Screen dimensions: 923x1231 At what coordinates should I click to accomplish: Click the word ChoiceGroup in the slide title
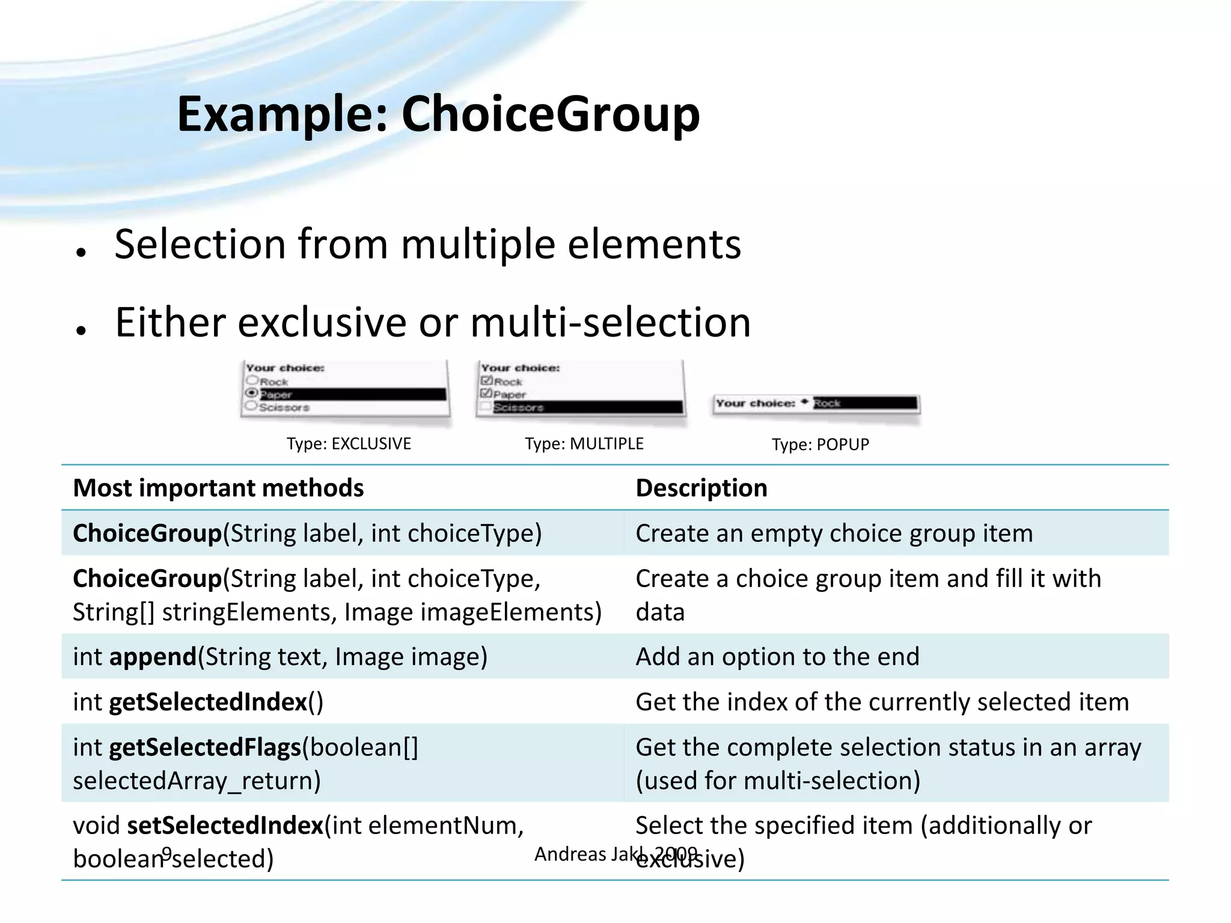point(550,114)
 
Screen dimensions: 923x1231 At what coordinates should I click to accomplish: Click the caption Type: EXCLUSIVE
point(349,443)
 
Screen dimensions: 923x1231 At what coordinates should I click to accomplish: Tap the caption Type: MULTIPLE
point(584,443)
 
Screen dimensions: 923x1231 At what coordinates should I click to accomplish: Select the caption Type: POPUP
point(820,444)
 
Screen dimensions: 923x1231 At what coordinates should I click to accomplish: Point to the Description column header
point(701,488)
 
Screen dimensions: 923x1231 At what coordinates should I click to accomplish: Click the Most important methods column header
point(218,488)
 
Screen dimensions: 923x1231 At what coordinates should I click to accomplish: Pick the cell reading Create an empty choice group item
point(834,533)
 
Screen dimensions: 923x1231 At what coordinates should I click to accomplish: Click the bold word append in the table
point(153,656)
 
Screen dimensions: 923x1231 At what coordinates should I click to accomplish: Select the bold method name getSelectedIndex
point(208,701)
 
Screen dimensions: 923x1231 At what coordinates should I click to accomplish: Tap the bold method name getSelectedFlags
point(204,747)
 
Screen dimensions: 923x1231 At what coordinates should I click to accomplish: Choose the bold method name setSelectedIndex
point(225,825)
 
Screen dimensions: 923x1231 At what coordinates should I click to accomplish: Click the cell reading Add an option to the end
point(777,656)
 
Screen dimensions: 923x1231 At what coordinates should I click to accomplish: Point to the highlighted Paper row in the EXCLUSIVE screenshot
point(352,394)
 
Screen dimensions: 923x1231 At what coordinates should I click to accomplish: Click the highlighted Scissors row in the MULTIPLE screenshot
point(587,407)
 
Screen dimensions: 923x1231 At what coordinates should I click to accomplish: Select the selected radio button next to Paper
point(252,393)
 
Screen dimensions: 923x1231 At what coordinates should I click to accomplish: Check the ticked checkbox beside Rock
point(486,380)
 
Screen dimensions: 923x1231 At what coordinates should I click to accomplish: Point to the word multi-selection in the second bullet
point(610,323)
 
